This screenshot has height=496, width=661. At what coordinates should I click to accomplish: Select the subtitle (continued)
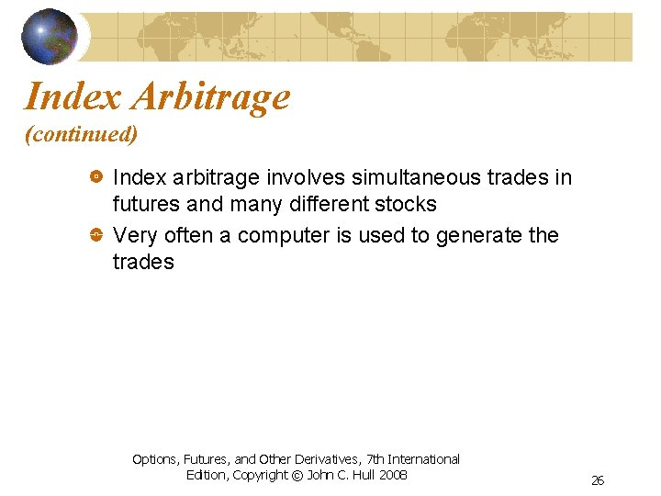81,135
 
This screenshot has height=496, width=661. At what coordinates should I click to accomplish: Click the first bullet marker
95,175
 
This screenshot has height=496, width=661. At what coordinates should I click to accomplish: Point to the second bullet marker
95,236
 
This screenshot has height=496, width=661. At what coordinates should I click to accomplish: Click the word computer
284,236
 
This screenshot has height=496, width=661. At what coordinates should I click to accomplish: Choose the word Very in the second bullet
135,236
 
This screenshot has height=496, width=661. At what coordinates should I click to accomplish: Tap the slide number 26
598,480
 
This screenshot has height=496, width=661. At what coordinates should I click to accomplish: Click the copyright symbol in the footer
297,475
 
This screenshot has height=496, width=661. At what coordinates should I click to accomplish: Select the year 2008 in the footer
392,475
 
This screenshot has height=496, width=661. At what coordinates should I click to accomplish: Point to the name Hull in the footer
361,475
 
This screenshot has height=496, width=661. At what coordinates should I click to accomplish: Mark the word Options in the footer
155,458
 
